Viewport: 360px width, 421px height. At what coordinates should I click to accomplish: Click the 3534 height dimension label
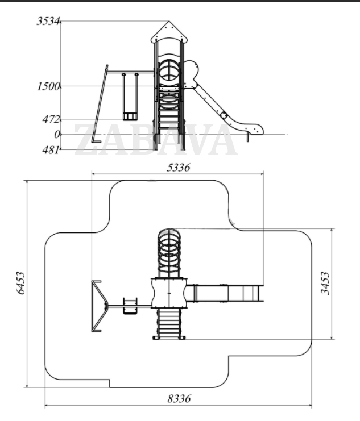(48, 21)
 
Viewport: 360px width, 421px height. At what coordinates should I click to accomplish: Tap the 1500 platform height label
(48, 86)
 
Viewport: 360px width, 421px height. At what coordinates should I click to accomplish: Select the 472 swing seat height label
(51, 119)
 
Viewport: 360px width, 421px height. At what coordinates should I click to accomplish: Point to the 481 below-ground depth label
(51, 150)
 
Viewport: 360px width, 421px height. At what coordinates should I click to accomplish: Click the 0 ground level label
(56, 135)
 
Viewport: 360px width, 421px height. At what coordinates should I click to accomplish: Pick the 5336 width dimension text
(178, 168)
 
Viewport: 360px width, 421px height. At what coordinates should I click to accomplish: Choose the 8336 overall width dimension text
(179, 398)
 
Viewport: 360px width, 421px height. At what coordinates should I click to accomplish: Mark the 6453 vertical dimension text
(20, 283)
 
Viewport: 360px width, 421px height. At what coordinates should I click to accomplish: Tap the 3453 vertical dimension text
(325, 283)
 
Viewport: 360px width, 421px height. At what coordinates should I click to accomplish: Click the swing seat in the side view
(130, 116)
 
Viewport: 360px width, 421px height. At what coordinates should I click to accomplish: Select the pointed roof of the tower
(169, 32)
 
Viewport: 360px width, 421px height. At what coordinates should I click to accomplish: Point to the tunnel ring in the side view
(169, 70)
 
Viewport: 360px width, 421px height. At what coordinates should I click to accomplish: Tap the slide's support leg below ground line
(247, 137)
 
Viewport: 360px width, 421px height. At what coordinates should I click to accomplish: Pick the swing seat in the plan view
(130, 306)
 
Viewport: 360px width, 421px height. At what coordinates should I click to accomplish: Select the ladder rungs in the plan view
(169, 322)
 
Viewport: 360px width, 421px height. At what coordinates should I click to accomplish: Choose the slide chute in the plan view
(225, 293)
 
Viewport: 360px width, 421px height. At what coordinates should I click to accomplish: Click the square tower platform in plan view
(169, 293)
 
